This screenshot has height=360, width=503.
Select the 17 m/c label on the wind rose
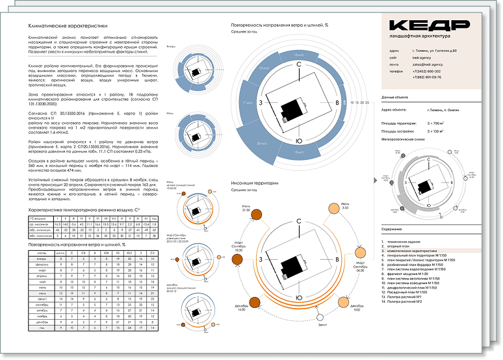247,103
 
